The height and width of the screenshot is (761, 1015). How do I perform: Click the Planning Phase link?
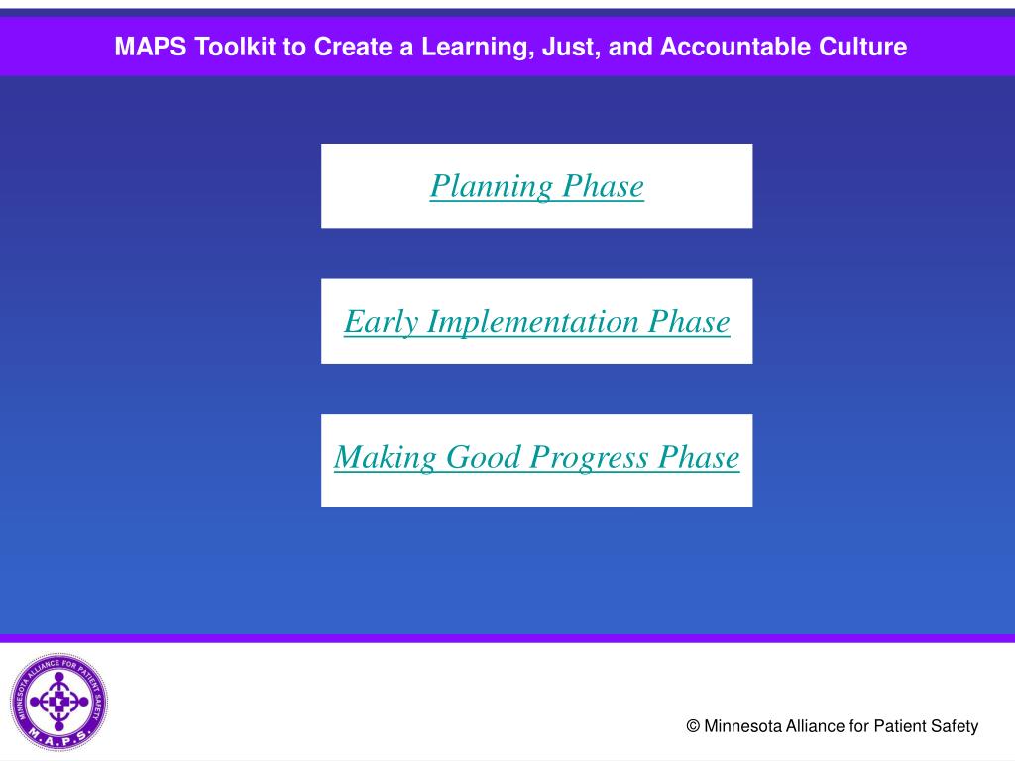point(536,186)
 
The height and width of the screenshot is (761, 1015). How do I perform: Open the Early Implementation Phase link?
point(536,322)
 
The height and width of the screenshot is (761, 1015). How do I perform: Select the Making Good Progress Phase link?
point(536,457)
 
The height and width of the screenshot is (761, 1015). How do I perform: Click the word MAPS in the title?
point(151,47)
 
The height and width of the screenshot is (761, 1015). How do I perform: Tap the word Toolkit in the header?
point(235,47)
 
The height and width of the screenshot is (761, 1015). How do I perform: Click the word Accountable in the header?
point(734,47)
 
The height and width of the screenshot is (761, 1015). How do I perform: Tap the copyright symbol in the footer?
point(693,726)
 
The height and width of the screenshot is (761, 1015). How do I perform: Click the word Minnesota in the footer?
point(742,726)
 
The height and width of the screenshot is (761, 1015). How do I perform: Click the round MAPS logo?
point(58,702)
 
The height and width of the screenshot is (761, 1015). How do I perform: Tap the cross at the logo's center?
point(58,701)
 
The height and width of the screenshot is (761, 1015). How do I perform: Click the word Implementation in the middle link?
point(532,322)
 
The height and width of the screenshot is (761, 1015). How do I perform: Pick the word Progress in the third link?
point(589,458)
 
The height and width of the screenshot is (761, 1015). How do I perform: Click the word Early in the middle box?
point(382,323)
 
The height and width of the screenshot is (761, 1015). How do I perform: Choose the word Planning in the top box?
point(492,187)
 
